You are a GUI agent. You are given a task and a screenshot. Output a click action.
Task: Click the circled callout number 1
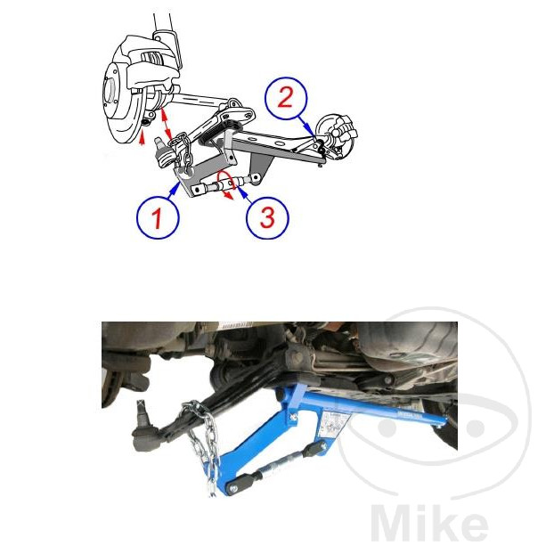(158, 217)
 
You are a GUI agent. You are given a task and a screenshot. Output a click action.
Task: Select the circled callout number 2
(286, 98)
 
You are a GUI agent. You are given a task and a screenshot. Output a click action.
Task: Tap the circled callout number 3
(267, 217)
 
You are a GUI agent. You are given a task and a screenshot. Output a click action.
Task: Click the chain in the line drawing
(183, 151)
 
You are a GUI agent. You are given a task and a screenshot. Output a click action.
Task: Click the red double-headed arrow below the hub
(166, 124)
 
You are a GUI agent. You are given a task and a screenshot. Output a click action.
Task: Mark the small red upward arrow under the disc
(142, 138)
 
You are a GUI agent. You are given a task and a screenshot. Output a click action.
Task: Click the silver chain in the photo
(203, 446)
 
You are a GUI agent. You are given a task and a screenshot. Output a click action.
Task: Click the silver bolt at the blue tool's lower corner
(234, 489)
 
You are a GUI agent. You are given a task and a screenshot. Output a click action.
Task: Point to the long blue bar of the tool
(374, 408)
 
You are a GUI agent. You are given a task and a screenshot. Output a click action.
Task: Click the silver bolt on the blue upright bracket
(293, 418)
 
